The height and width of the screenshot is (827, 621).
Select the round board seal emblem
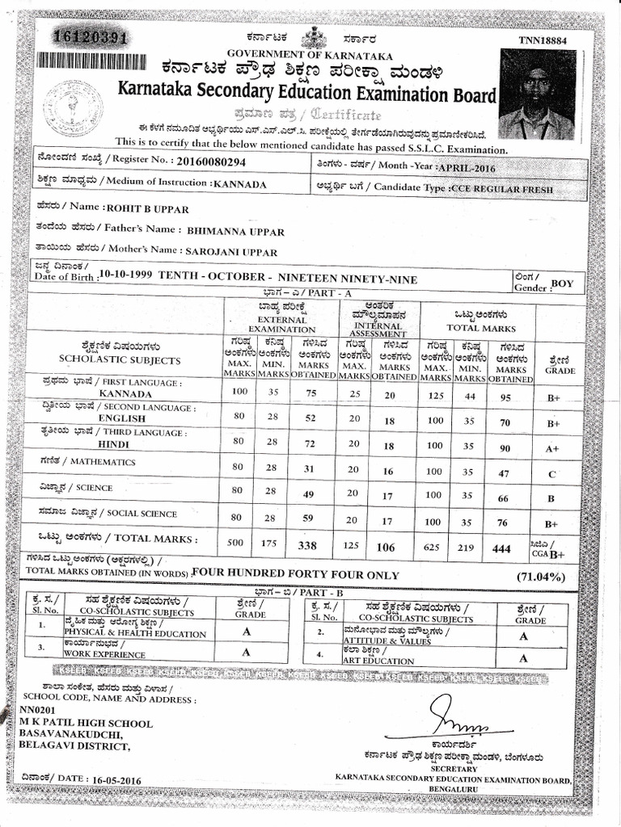pyautogui.click(x=74, y=109)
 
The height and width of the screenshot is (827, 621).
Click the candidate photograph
pyautogui.click(x=537, y=94)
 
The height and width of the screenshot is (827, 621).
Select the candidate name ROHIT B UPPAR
pyautogui.click(x=147, y=208)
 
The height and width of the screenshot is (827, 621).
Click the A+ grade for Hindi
pyautogui.click(x=553, y=448)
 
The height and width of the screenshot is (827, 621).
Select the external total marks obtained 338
pyautogui.click(x=307, y=546)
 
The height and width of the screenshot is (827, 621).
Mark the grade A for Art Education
pyautogui.click(x=522, y=658)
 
